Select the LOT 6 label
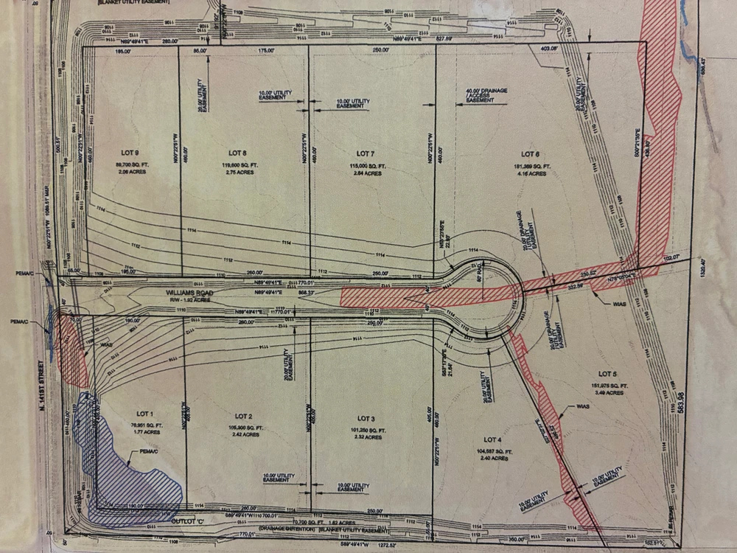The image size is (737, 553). tap(531, 154)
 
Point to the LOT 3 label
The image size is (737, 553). tap(367, 419)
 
